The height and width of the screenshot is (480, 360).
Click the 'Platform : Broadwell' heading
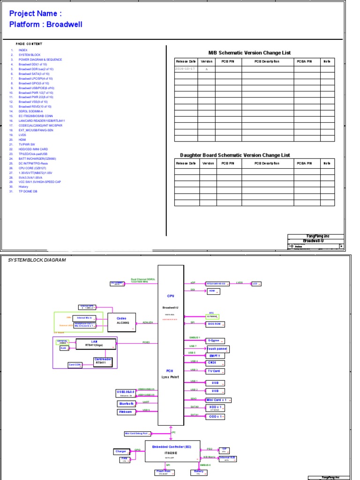(46, 24)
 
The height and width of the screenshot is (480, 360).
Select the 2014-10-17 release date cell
(186, 69)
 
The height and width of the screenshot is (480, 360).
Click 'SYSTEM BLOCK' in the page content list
(30, 55)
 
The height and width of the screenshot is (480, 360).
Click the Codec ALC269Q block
(122, 320)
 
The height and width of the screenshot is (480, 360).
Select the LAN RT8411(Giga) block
(94, 344)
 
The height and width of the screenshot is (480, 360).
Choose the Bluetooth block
(127, 404)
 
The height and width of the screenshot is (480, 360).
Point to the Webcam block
(126, 412)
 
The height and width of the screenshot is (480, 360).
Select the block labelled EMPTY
(215, 356)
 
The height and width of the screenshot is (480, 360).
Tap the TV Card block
(215, 371)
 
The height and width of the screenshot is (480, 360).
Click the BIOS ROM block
(215, 324)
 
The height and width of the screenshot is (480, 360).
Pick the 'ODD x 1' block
(215, 416)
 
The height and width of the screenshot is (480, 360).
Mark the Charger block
(121, 451)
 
